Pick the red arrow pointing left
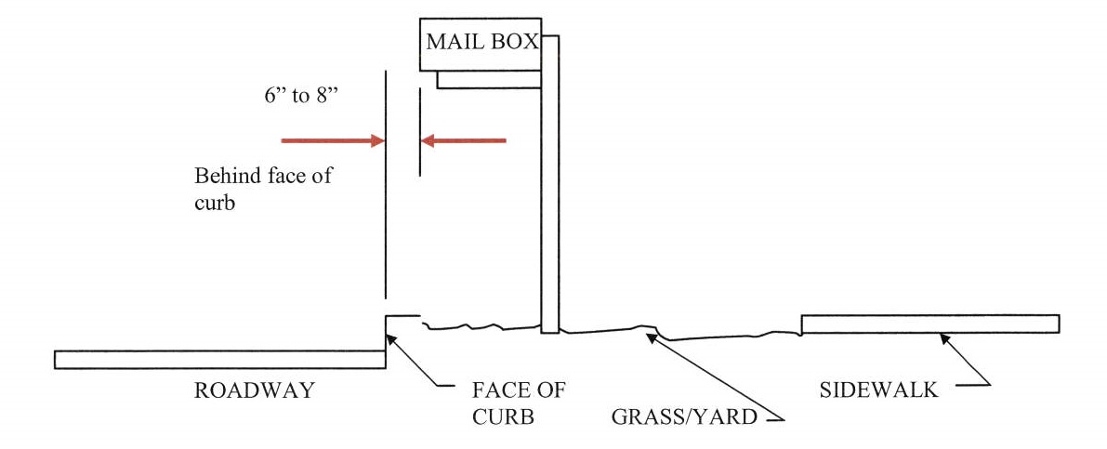pyautogui.click(x=464, y=141)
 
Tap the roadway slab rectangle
pyautogui.click(x=220, y=360)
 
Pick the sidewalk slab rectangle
pyautogui.click(x=929, y=324)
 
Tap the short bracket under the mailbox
pyautogui.click(x=489, y=80)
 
